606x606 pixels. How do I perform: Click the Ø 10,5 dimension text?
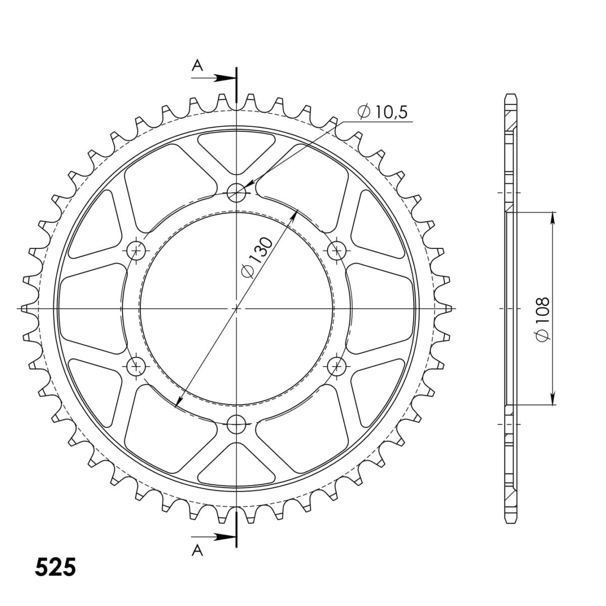click(x=382, y=112)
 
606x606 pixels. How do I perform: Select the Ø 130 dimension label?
click(x=257, y=258)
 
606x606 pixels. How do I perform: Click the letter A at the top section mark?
click(x=197, y=66)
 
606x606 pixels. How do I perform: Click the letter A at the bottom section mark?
click(x=197, y=550)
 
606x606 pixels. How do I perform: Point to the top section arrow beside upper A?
click(x=214, y=78)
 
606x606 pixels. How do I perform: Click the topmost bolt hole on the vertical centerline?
click(x=236, y=192)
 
